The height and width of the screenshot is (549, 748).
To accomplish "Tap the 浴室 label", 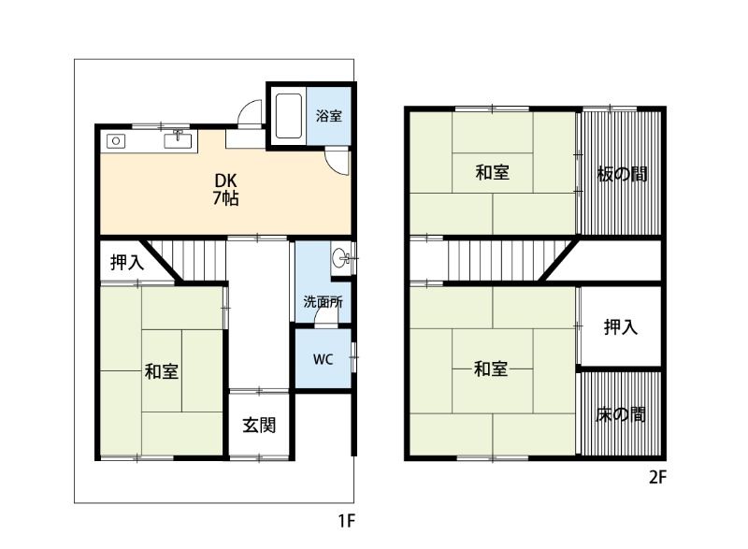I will [328, 117].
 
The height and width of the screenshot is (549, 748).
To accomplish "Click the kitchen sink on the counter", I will [178, 141].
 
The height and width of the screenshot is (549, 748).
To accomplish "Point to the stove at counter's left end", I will [117, 141].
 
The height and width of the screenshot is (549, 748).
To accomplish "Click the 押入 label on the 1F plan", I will [127, 263].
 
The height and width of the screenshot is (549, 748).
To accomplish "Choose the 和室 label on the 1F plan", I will [162, 371].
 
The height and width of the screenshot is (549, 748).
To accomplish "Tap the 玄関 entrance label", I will [259, 425].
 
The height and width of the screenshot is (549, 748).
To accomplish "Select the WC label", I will [323, 358].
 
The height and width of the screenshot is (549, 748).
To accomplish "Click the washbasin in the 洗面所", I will [343, 256].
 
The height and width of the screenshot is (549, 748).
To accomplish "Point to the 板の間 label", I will [622, 174].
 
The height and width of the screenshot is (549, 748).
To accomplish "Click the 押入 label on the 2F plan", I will [620, 326].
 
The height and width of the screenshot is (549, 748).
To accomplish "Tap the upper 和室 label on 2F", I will [492, 172].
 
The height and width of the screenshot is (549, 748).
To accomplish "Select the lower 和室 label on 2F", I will [491, 368].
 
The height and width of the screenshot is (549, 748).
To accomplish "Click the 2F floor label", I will [657, 477].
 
